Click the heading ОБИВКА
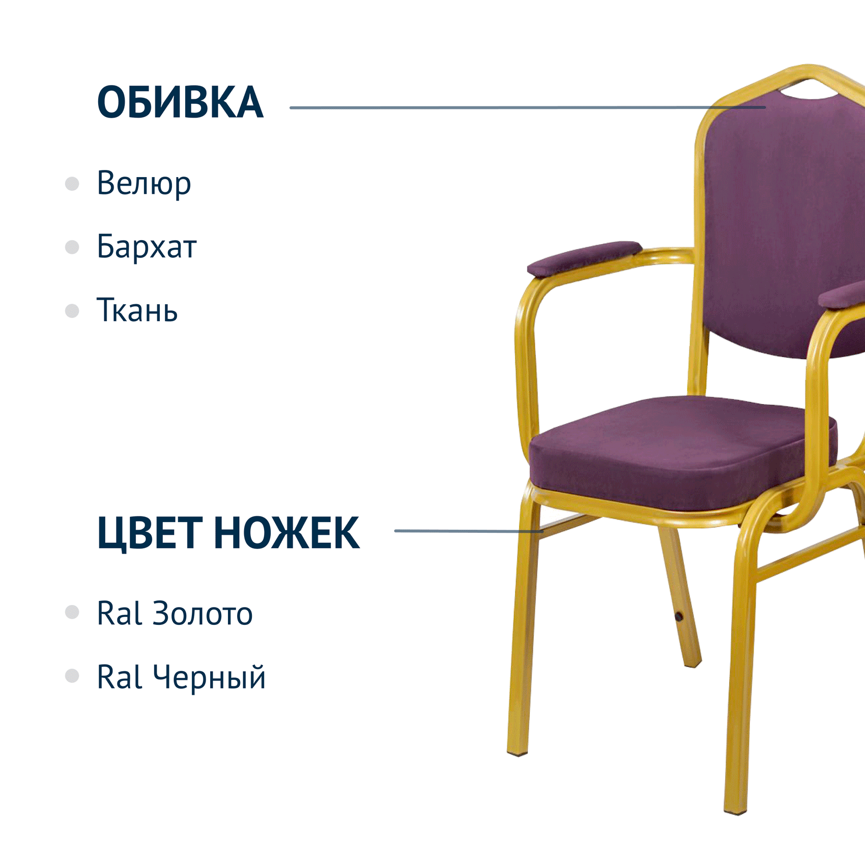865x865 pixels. tap(180, 103)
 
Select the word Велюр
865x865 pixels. tap(144, 184)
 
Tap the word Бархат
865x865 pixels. tap(147, 247)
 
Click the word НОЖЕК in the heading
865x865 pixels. tap(287, 533)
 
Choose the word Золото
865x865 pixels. tap(203, 614)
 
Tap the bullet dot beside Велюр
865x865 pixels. tap(72, 184)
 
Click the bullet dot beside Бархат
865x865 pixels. tap(72, 247)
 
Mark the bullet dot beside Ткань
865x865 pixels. tap(72, 311)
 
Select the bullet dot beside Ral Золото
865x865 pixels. tap(72, 612)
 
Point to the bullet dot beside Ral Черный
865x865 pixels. tap(72, 676)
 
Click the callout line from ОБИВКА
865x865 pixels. tap(528, 107)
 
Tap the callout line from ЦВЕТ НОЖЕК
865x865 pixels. tap(469, 531)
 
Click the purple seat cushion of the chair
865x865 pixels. tap(682, 453)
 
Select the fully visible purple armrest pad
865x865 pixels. tap(584, 258)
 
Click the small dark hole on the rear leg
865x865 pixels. tap(679, 617)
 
